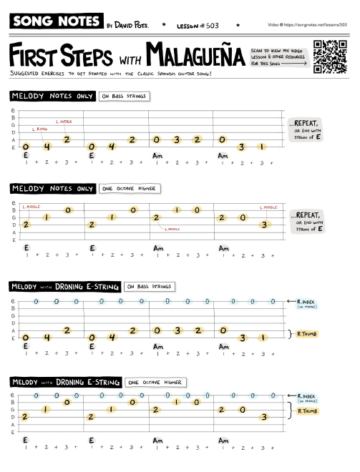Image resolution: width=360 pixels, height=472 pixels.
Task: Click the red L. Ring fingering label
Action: pos(39,129)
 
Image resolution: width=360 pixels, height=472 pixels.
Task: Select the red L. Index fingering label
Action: pos(64,121)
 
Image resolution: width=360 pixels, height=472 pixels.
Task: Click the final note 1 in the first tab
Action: pos(263,147)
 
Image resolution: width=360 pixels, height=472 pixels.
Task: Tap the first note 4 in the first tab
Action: pos(47,147)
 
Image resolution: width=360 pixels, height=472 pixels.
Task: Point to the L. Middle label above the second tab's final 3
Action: pos(269,207)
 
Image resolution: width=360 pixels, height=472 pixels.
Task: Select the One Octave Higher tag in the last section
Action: pos(155,381)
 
